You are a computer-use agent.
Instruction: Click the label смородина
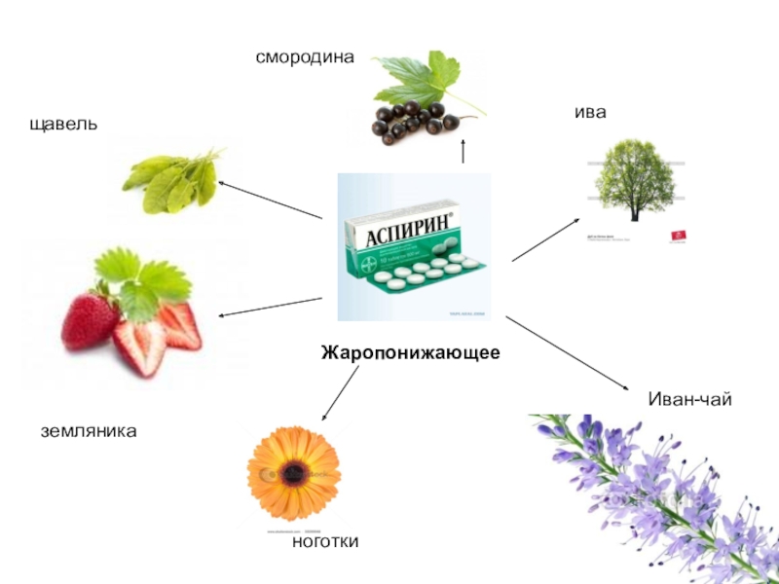tap(305, 57)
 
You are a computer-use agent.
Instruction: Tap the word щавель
tap(63, 126)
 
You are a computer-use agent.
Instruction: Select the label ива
tap(590, 112)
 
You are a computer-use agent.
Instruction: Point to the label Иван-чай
tap(689, 400)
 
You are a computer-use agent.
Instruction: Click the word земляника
tap(88, 429)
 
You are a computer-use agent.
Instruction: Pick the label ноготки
tap(325, 541)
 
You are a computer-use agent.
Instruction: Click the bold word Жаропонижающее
tap(411, 352)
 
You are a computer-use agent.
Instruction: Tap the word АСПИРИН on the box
tap(399, 234)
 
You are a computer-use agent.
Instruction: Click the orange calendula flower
tap(293, 472)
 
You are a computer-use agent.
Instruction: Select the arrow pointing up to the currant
tap(463, 152)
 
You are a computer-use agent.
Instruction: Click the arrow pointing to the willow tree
tap(546, 239)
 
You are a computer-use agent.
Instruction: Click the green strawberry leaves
tap(146, 276)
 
